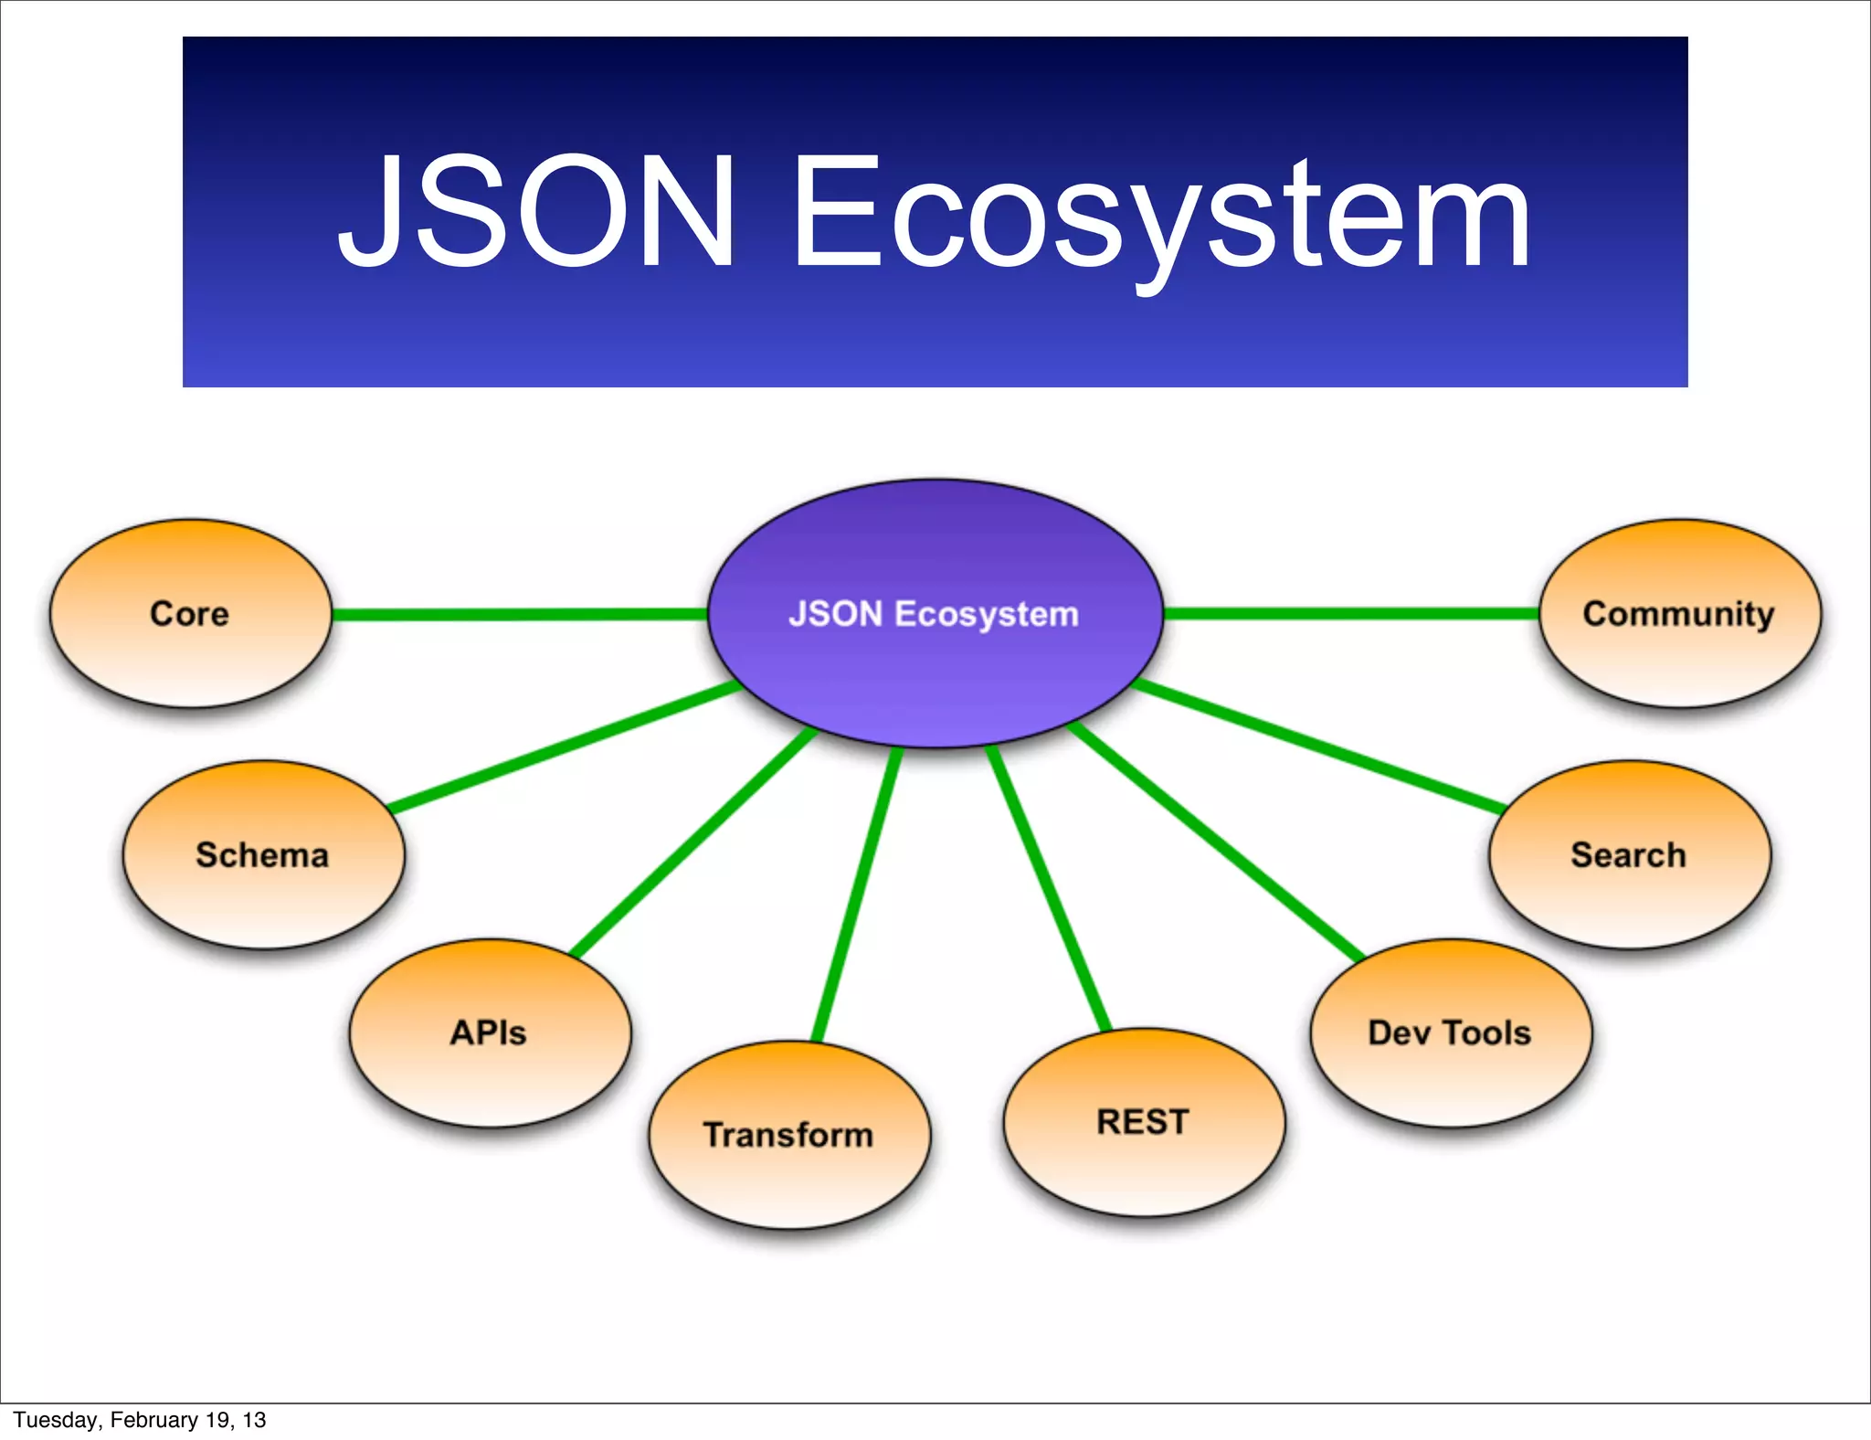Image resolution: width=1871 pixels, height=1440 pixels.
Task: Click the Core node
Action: click(x=190, y=614)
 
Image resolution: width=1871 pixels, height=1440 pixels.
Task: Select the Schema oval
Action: click(x=263, y=855)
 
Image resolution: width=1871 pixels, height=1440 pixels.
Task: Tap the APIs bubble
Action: click(x=490, y=1032)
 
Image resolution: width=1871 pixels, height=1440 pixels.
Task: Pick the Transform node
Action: click(x=789, y=1135)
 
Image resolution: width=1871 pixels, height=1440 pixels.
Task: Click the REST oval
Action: click(x=1144, y=1122)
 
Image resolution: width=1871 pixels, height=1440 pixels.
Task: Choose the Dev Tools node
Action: click(x=1451, y=1032)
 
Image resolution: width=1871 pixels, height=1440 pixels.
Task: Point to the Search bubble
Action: click(x=1629, y=855)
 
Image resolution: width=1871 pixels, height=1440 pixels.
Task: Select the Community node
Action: click(x=1679, y=614)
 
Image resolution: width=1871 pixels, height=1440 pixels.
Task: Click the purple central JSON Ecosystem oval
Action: click(x=935, y=614)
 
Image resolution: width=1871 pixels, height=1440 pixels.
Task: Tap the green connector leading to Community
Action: click(x=1352, y=614)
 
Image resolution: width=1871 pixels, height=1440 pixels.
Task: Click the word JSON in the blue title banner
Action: click(x=539, y=212)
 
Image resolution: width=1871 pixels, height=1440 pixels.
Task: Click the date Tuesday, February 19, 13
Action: click(x=139, y=1420)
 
